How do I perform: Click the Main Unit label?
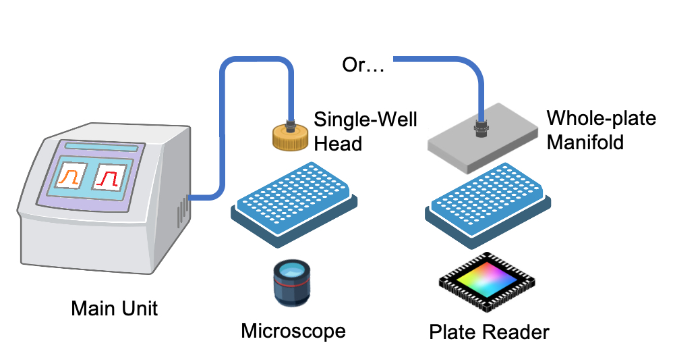point(115,309)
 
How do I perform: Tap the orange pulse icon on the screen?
point(68,178)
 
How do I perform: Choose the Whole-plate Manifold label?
point(601,130)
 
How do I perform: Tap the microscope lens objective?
point(291,283)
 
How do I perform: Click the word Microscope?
point(293,331)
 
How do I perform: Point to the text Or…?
point(363,67)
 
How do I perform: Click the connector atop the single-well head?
point(291,124)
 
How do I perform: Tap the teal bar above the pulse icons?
point(101,148)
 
